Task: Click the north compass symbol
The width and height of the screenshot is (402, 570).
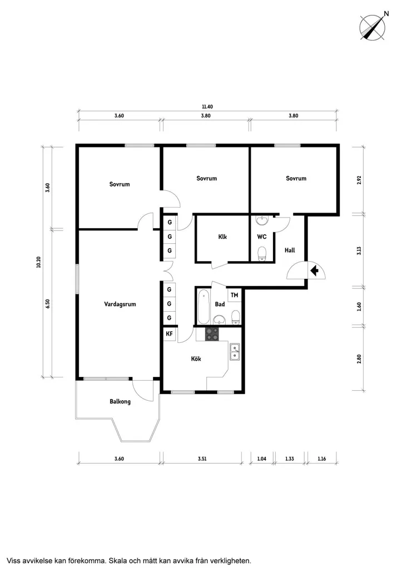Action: coord(373,27)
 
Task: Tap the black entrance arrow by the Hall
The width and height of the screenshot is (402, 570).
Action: coord(315,271)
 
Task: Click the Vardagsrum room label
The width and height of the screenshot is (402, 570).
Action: coord(120,304)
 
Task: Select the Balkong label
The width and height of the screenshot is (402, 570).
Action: coord(120,402)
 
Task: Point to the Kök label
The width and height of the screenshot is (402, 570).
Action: coord(196,359)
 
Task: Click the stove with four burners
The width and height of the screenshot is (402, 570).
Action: coord(212,334)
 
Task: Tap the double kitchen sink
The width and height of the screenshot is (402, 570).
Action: coord(235,352)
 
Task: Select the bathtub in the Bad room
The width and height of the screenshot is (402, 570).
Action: coord(204,307)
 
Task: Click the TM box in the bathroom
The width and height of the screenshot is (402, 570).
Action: coord(234,295)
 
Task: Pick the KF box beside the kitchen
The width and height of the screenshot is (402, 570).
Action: coord(169,334)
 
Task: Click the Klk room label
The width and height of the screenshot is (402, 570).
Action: coord(222,237)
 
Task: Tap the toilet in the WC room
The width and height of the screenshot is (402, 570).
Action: coord(261,253)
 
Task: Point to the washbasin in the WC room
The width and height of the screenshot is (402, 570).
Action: coord(261,220)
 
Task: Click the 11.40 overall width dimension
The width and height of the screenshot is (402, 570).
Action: coord(207,107)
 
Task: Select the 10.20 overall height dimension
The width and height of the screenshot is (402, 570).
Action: coord(38,262)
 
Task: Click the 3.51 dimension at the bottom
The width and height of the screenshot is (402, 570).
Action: coord(202,459)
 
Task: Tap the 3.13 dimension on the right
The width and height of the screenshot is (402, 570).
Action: coord(359,251)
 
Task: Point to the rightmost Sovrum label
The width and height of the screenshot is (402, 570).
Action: coord(296,178)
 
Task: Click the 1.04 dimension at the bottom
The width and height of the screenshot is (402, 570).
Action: coord(261,459)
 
